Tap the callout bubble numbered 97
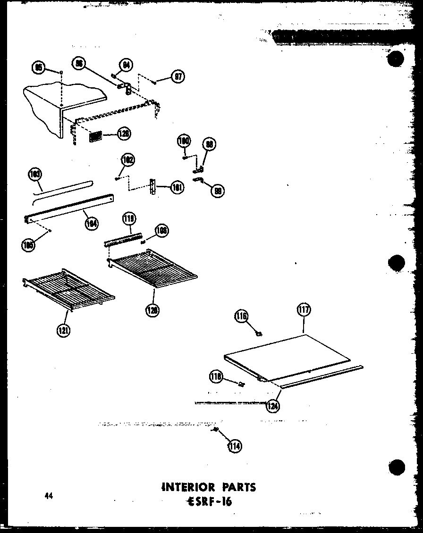pos(178,77)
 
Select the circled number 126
pos(124,133)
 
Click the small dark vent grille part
pos(96,136)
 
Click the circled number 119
pos(128,219)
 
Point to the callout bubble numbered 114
pos(234,446)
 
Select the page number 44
pos(49,495)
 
